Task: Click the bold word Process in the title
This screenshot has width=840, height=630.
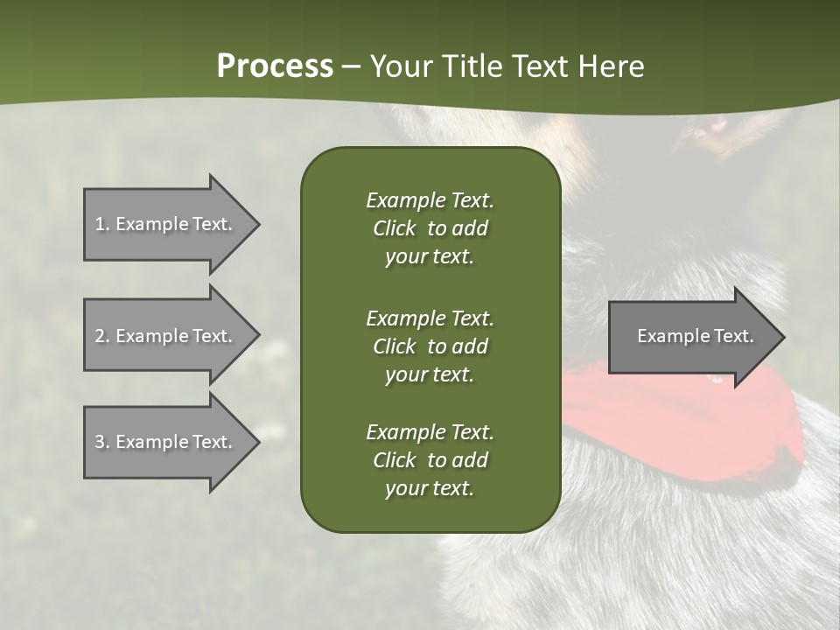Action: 275,66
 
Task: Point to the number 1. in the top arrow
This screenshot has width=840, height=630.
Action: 102,224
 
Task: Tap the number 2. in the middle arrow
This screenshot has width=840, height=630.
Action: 102,336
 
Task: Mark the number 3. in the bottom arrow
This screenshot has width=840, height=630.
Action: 102,442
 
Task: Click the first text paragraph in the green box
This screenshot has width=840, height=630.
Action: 430,228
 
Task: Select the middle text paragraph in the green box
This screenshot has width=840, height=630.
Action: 430,346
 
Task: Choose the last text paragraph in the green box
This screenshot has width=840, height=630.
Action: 430,460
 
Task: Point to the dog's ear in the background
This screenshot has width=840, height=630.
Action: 713,131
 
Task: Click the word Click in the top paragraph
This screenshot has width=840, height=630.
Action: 394,228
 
